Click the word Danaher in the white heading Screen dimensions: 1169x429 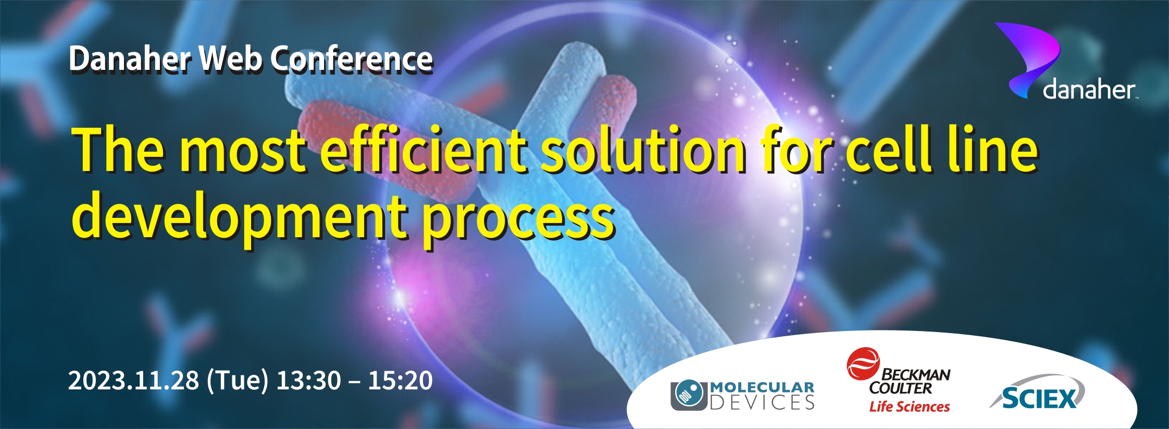tap(130, 58)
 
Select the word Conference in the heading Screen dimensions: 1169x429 tap(352, 58)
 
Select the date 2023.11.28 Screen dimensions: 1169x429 tap(134, 380)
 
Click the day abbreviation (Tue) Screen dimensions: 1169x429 tap(238, 380)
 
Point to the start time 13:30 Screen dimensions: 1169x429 tap(308, 380)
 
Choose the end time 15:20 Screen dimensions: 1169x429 tap(400, 380)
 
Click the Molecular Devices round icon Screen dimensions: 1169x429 tap(689, 395)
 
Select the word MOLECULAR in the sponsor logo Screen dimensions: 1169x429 tap(762, 387)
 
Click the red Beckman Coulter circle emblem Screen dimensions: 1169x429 tap(863, 364)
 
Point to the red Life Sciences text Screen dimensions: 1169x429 tap(910, 407)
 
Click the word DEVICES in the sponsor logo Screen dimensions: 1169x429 tap(762, 402)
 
